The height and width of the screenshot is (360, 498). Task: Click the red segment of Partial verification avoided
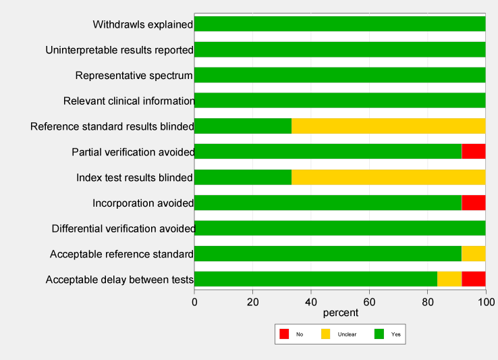tap(473, 151)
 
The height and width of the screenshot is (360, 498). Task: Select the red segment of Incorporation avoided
tap(473, 203)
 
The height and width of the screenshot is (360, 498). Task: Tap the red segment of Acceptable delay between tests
tap(473, 279)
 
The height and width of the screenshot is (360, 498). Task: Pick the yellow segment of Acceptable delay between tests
tap(449, 279)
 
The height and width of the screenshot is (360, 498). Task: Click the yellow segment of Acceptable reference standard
tap(473, 254)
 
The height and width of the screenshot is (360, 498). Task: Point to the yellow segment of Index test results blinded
tap(388, 177)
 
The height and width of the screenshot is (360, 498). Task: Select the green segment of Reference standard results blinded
tap(243, 126)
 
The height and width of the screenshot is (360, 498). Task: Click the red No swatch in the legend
tap(284, 334)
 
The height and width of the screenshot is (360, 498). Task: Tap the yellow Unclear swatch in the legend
tap(325, 334)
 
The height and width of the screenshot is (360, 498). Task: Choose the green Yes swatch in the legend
tap(378, 334)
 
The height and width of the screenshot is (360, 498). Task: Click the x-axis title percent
tap(340, 313)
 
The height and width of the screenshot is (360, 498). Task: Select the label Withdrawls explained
tap(143, 24)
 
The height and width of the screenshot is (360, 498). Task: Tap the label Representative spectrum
tap(134, 75)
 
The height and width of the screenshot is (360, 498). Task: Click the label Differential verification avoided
tap(123, 228)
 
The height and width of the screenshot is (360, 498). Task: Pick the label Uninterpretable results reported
tap(119, 50)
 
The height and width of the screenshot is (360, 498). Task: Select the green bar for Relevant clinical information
tap(340, 101)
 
